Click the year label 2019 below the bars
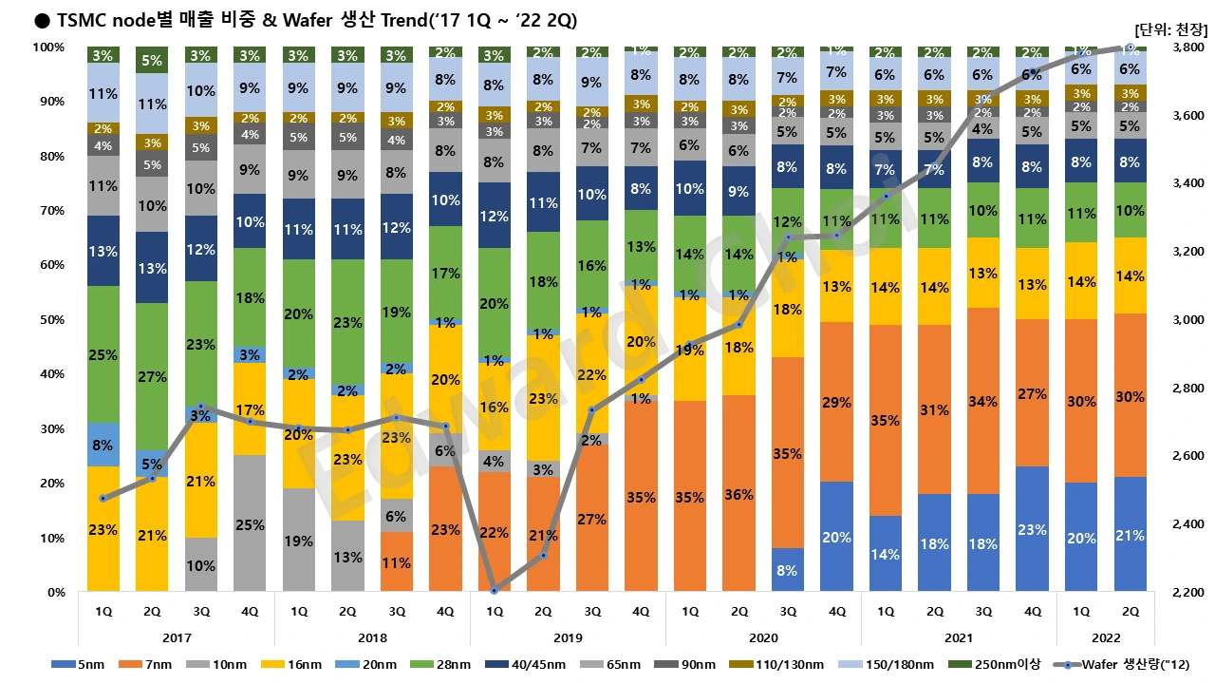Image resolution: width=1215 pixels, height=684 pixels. click(x=568, y=637)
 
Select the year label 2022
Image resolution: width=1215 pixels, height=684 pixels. click(x=1106, y=637)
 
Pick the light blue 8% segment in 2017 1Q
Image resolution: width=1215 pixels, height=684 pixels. click(x=103, y=444)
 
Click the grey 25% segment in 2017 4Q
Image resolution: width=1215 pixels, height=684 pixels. click(x=250, y=523)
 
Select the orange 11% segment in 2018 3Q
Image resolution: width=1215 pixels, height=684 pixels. click(x=397, y=562)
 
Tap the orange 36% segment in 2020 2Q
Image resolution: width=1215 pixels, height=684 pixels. click(x=738, y=494)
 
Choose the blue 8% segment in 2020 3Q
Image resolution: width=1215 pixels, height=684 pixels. click(x=787, y=571)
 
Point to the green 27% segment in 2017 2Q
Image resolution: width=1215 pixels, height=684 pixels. click(x=152, y=377)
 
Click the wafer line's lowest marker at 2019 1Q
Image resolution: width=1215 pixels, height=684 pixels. click(x=494, y=591)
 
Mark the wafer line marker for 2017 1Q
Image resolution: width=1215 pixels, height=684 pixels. click(x=103, y=498)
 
